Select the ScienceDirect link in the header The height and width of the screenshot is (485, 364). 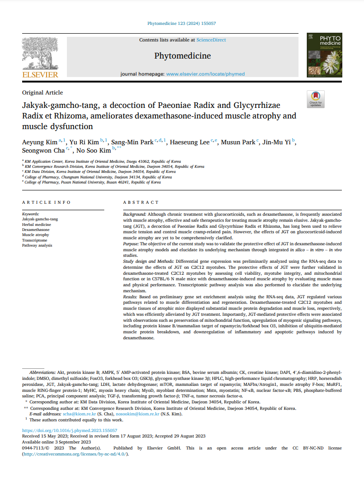tap(211, 40)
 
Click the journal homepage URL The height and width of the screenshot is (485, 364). tap(205, 74)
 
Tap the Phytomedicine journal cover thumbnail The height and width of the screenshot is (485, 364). tap(324, 54)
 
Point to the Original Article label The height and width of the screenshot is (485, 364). tap(42, 93)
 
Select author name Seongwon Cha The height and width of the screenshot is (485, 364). tap(43, 151)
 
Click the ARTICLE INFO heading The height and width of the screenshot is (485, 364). tap(47, 202)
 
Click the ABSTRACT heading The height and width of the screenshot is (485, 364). tap(141, 202)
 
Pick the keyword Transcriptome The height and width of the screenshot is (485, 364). tap(35, 240)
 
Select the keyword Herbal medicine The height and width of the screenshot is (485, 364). tap(37, 225)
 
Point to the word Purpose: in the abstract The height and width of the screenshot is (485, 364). tap(132, 243)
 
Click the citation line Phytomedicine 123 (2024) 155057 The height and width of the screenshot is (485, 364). tap(182, 23)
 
